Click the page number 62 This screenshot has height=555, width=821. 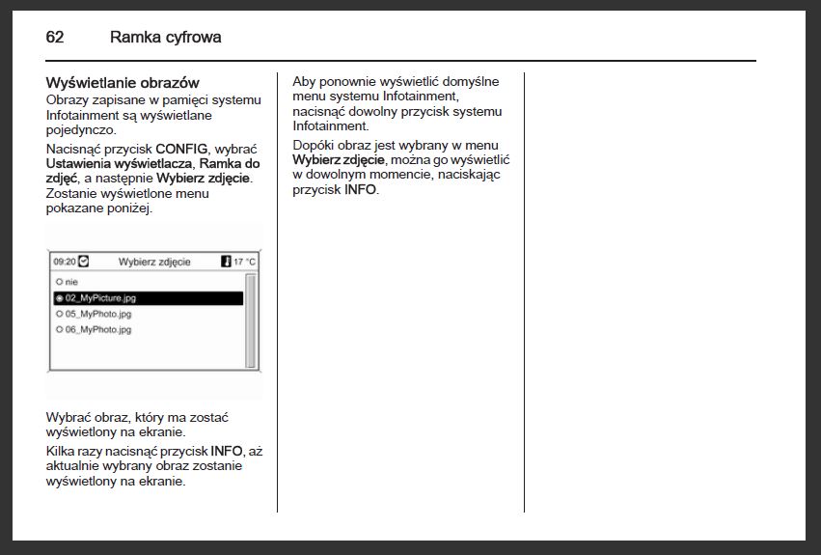click(55, 38)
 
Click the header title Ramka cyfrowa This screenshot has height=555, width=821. click(165, 38)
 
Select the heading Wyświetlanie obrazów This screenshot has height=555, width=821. click(123, 83)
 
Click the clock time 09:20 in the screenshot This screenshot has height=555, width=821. click(65, 262)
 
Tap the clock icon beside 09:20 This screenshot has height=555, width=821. click(83, 262)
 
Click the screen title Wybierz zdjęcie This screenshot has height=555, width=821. click(154, 262)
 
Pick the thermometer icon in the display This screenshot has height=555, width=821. click(226, 262)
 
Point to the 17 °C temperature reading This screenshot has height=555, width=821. click(244, 262)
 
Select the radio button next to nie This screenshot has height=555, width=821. click(59, 282)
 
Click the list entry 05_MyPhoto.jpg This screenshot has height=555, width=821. click(97, 314)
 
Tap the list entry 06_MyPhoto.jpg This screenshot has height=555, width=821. click(97, 329)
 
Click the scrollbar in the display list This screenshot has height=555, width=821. click(251, 320)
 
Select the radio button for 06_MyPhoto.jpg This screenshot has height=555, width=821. click(59, 329)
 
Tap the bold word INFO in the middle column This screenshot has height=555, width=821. click(361, 189)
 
